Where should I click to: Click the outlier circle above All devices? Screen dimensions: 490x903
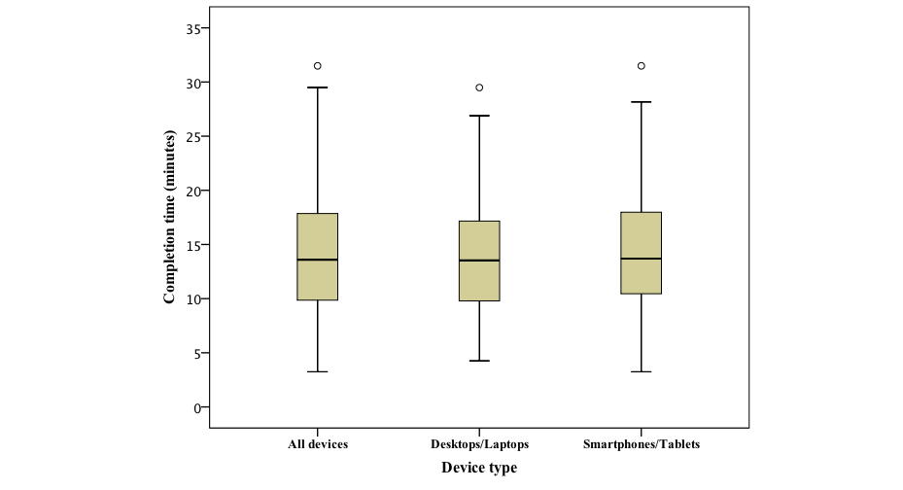click(318, 66)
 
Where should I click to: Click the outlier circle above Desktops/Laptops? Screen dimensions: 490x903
click(479, 87)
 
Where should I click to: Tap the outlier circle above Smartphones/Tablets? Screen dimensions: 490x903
click(641, 66)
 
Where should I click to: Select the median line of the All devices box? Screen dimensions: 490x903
click(318, 260)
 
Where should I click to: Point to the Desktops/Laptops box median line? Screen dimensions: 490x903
click(479, 261)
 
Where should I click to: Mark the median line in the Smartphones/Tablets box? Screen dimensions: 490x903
click(641, 259)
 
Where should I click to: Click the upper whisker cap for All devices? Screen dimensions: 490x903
click(318, 87)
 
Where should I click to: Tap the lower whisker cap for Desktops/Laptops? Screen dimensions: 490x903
click(479, 361)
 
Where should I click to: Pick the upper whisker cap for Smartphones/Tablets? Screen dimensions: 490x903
click(641, 101)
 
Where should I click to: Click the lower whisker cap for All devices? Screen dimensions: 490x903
click(318, 371)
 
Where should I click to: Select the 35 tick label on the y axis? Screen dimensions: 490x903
click(192, 29)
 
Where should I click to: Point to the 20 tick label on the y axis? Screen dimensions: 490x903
click(192, 192)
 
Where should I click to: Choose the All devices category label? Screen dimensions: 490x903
click(318, 445)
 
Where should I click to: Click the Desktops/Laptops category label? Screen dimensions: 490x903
click(479, 445)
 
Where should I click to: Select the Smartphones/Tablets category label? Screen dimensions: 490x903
click(641, 445)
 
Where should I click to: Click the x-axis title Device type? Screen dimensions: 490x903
click(479, 468)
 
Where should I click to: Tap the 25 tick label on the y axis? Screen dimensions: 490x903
click(192, 137)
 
